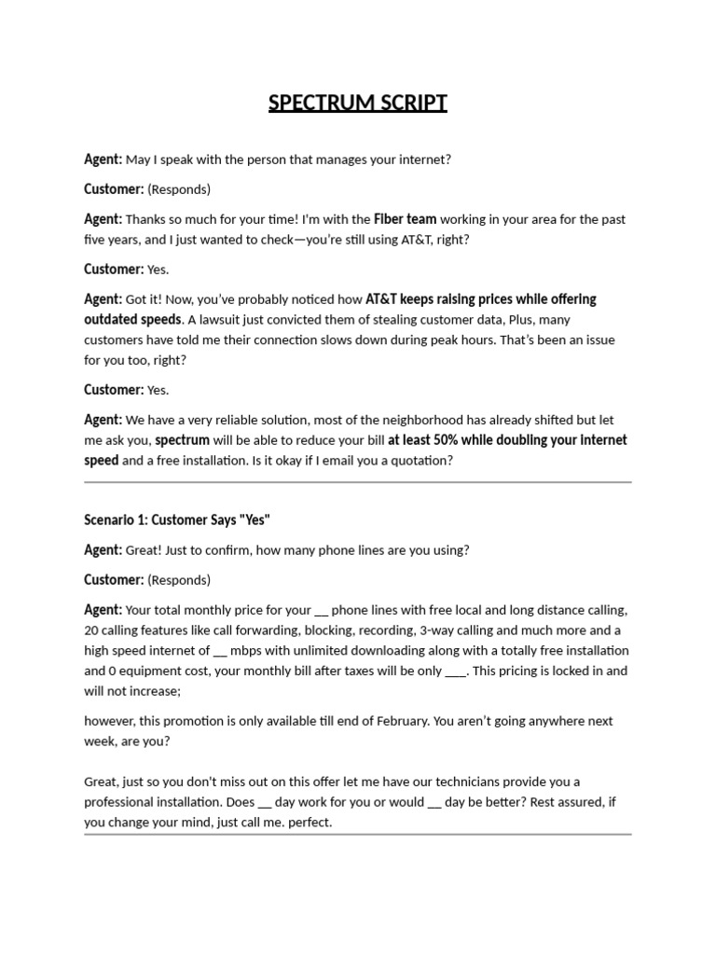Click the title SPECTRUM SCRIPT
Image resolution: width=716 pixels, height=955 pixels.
point(358,103)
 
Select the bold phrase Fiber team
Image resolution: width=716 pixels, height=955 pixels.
point(406,219)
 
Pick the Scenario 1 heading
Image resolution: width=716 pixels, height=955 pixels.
point(177,519)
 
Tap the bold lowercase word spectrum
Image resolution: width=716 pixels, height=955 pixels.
point(183,440)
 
